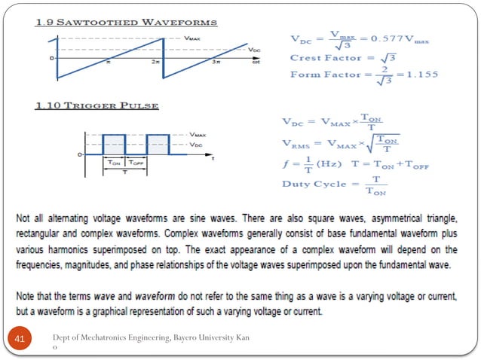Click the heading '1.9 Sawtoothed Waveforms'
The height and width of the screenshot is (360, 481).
tap(126, 22)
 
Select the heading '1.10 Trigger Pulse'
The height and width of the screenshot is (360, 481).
tap(99, 105)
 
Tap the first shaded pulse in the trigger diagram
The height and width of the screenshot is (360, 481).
tap(113, 144)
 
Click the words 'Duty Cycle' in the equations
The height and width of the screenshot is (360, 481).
tap(314, 184)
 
